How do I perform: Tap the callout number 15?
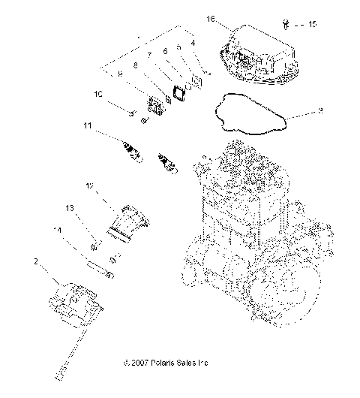click(x=312, y=24)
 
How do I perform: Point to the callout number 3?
click(x=320, y=111)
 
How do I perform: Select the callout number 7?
click(x=150, y=55)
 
